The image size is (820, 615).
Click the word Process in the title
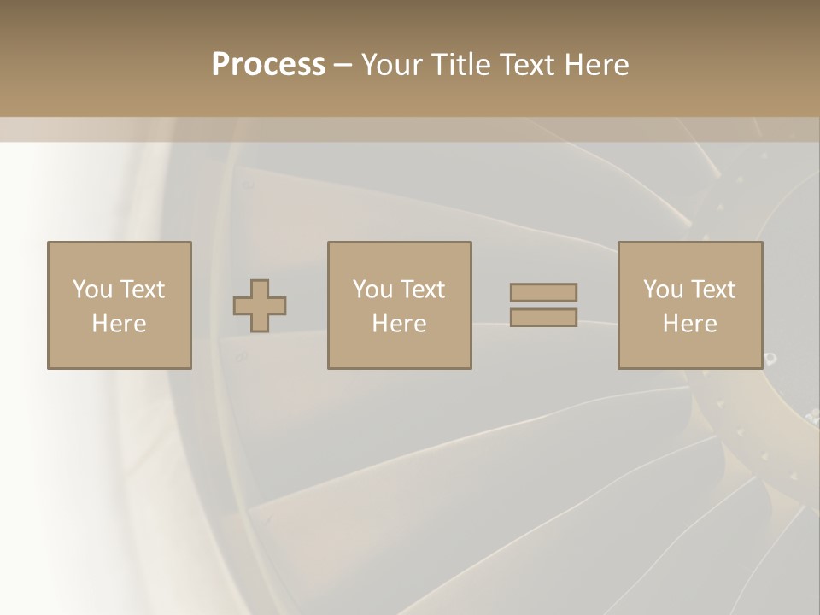pos(268,65)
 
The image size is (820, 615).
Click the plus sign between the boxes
pos(260,306)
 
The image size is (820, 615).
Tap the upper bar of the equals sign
pos(543,292)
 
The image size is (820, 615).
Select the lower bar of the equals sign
pos(543,318)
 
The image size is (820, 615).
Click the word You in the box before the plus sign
pos(92,290)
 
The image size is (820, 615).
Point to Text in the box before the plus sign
pos(141,290)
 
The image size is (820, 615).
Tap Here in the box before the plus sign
pos(119,324)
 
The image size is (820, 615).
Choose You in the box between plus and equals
pos(372,290)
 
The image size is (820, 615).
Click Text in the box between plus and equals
pos(421,290)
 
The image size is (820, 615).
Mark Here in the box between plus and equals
pos(399,324)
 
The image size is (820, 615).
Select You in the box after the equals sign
pos(663,290)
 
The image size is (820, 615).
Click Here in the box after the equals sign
pos(689,324)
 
